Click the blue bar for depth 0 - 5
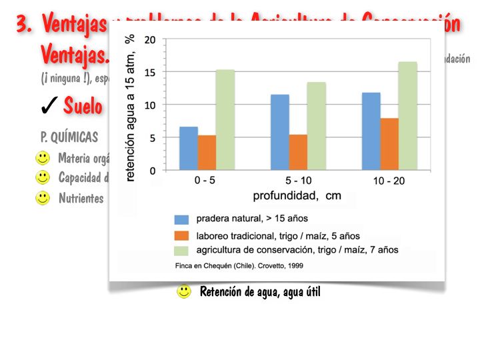click(x=189, y=148)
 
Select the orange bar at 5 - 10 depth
click(x=298, y=152)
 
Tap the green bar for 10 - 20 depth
click(x=407, y=116)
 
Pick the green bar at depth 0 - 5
click(x=225, y=120)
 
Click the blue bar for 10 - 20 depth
click(x=371, y=131)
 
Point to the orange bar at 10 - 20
click(x=389, y=144)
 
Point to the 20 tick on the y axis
click(x=150, y=39)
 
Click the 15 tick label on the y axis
click(x=150, y=72)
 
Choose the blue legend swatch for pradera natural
click(x=182, y=219)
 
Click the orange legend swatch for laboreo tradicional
click(x=182, y=235)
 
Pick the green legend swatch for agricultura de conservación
click(x=182, y=251)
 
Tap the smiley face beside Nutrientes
click(x=43, y=198)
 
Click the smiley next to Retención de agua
click(x=183, y=291)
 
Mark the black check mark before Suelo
click(x=48, y=105)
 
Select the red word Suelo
click(x=83, y=105)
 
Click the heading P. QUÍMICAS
click(x=69, y=137)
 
